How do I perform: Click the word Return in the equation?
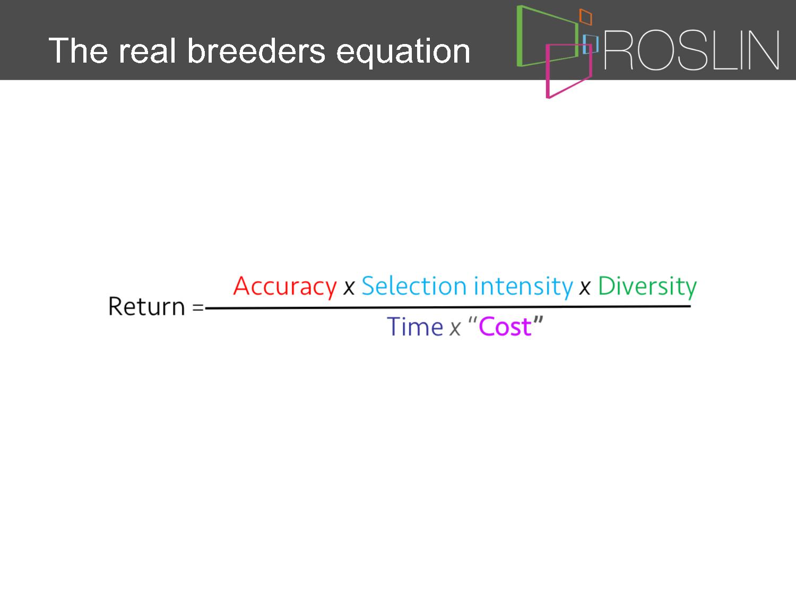click(x=146, y=307)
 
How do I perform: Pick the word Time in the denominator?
click(x=415, y=326)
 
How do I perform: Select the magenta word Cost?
click(x=505, y=327)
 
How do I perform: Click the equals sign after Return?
click(x=198, y=308)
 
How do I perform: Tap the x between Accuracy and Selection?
click(x=349, y=289)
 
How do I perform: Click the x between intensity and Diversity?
click(x=585, y=289)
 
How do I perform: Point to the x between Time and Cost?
click(x=455, y=329)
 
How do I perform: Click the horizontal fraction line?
click(x=448, y=307)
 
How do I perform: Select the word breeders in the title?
click(x=256, y=51)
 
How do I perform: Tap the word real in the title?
click(x=147, y=51)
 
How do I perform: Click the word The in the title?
click(x=78, y=51)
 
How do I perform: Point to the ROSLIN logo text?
click(x=691, y=50)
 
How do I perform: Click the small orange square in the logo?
click(x=586, y=17)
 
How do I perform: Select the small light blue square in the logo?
click(x=591, y=44)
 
